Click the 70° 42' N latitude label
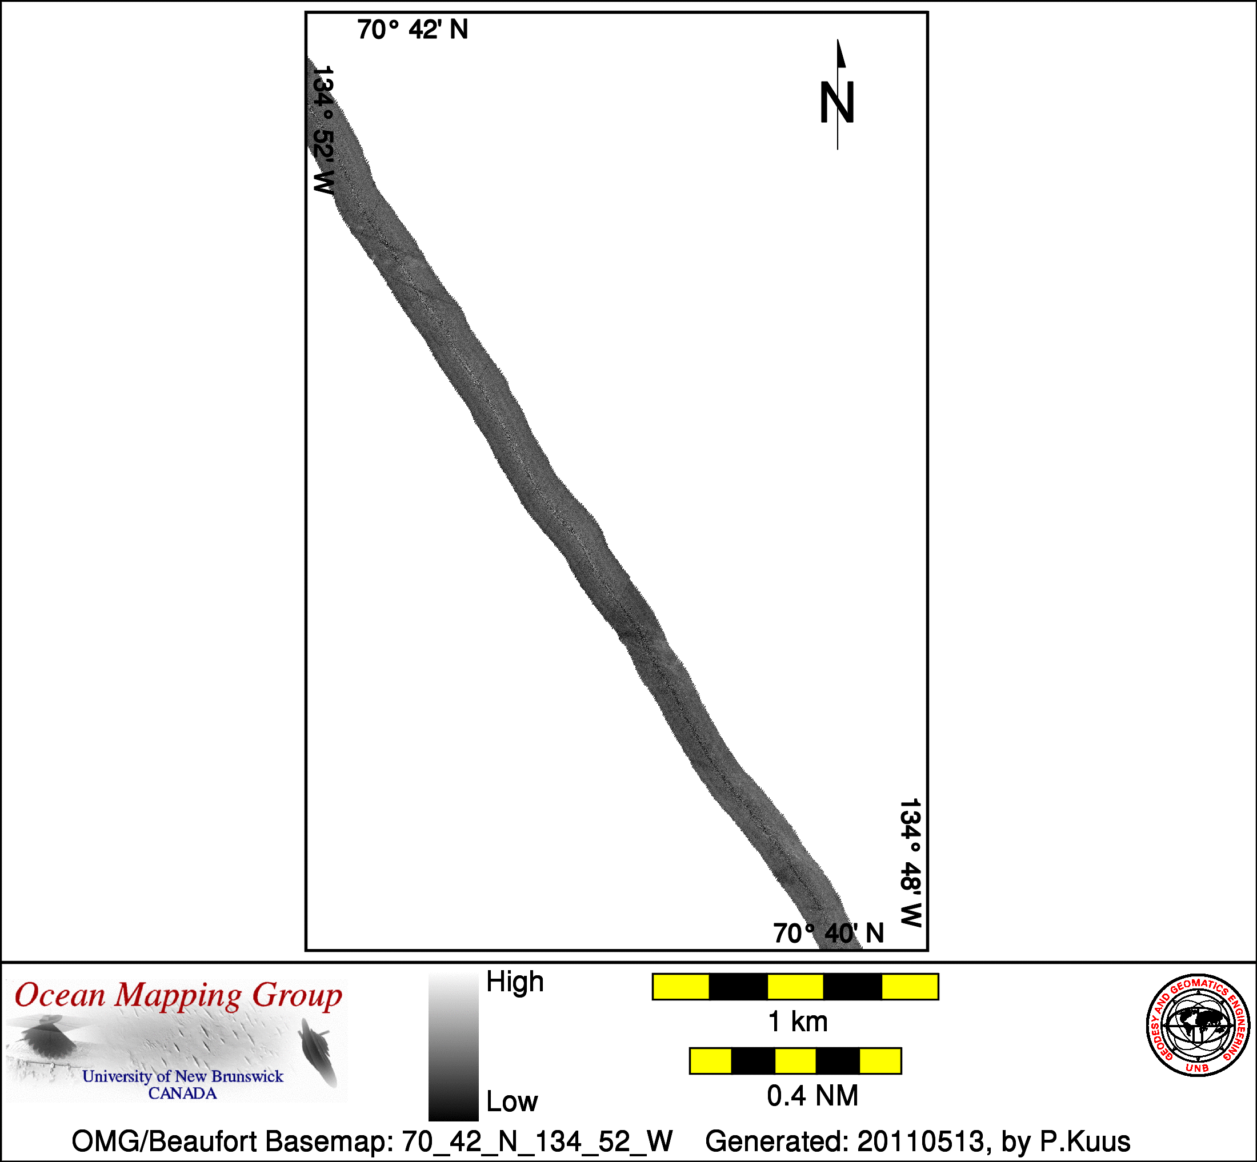coord(413,30)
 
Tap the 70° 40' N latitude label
coord(828,933)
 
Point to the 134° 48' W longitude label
coord(910,863)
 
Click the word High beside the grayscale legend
coord(515,982)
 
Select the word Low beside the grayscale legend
coord(512,1101)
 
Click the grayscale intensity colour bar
coord(453,1046)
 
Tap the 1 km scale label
coord(797,1022)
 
